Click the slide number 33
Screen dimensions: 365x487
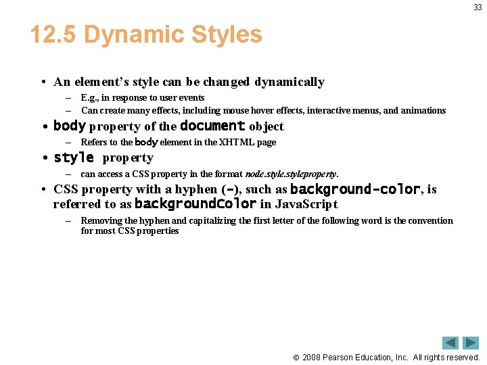pos(478,7)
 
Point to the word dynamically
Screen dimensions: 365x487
pos(289,82)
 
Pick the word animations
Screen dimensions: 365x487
pos(423,111)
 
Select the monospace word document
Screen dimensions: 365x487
pos(212,126)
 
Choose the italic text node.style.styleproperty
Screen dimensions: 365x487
pos(290,174)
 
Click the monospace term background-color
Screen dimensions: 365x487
pos(355,190)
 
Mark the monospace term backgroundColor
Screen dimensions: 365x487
pos(195,204)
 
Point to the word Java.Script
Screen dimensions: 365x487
pos(306,205)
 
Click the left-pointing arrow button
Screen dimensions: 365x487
pos(450,343)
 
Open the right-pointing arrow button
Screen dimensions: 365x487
pos(471,343)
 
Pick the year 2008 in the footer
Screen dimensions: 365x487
pos(311,358)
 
